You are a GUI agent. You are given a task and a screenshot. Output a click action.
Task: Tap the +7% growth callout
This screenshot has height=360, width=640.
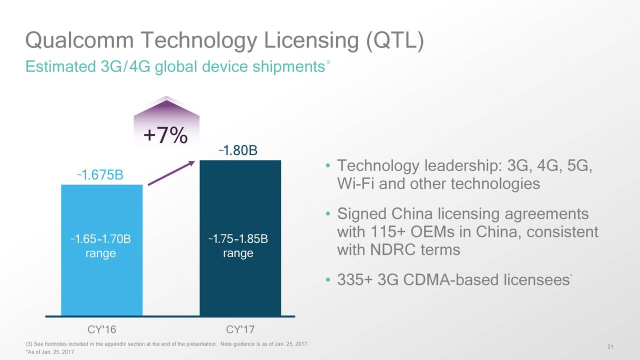[165, 134]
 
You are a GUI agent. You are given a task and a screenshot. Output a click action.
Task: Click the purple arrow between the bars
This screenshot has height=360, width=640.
[171, 173]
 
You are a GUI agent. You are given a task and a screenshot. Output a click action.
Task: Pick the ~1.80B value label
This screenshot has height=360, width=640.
[238, 150]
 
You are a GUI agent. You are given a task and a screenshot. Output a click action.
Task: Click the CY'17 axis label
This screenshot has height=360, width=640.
[240, 330]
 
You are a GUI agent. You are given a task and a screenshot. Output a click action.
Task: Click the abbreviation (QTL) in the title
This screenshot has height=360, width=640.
[395, 40]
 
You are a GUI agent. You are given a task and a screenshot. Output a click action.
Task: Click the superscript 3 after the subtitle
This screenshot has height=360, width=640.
[327, 62]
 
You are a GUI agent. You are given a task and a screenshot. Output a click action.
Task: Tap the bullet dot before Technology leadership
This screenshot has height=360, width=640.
[327, 166]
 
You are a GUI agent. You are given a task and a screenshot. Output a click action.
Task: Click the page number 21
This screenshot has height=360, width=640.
[610, 347]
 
